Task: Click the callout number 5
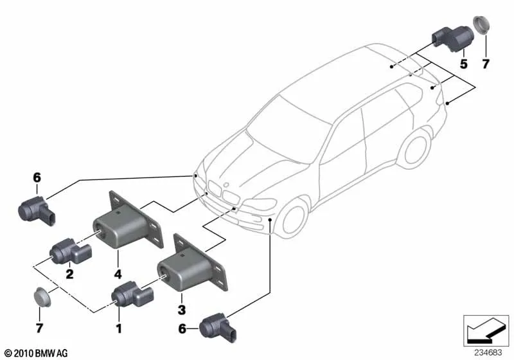coord(463,64)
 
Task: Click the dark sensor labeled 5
coord(449,38)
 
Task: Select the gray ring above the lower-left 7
coord(43,298)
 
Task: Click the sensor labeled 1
coord(132,294)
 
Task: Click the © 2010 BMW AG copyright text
coord(35,353)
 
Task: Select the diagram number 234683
coord(490,352)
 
